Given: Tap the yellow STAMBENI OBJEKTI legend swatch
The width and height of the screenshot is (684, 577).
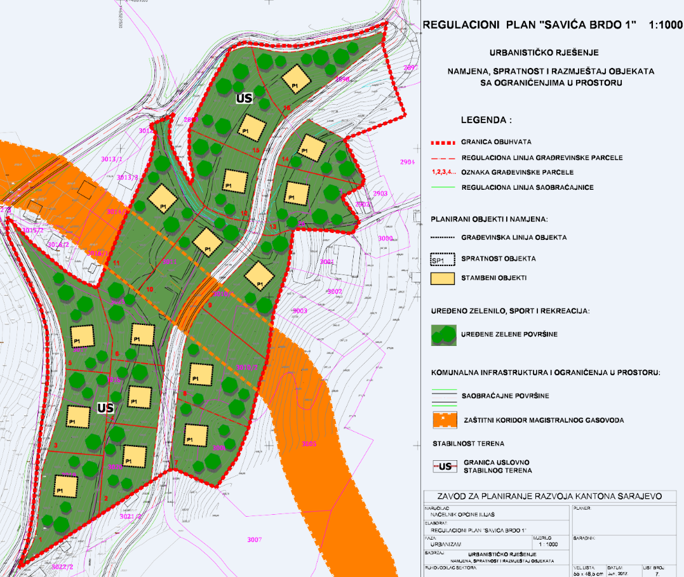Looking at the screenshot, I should coord(443,278).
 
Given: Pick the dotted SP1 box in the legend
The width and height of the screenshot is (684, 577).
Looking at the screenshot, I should coord(443,259).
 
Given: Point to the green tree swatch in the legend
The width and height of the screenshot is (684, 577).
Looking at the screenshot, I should coord(443,334).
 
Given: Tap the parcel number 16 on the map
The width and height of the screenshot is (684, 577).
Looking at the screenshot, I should coord(286,109).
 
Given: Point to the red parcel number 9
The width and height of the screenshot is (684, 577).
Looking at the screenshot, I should coord(210,305).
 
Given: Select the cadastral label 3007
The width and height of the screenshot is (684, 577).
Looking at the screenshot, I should coord(254,540).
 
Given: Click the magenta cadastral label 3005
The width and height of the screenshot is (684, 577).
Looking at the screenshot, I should coord(309,443).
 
